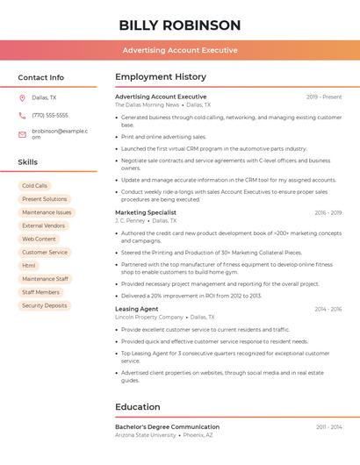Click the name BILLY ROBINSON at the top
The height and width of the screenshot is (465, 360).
[179, 25]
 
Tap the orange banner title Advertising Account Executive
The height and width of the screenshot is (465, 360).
[179, 50]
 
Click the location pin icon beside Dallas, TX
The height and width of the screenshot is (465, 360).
[22, 97]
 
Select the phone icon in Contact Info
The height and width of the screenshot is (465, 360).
[22, 115]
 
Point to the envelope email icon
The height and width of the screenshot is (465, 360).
[22, 134]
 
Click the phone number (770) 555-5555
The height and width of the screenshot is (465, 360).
[50, 115]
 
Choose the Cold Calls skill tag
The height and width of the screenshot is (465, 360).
[35, 186]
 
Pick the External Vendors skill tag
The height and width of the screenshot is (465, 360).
[44, 225]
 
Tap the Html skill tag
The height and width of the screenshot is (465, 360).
[29, 265]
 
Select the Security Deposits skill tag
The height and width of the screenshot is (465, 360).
[45, 305]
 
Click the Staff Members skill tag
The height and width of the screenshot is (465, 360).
[40, 292]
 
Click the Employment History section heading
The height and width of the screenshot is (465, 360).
[161, 77]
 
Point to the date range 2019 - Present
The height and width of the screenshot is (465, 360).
[324, 97]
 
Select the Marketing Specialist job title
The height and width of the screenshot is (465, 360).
[146, 212]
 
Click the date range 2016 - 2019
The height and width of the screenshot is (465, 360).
[328, 212]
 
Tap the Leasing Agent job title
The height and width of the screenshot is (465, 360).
[137, 309]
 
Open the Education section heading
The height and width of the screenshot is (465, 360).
[139, 407]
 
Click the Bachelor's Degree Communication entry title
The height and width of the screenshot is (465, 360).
[167, 426]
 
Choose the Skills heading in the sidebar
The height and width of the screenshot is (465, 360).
[28, 162]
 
